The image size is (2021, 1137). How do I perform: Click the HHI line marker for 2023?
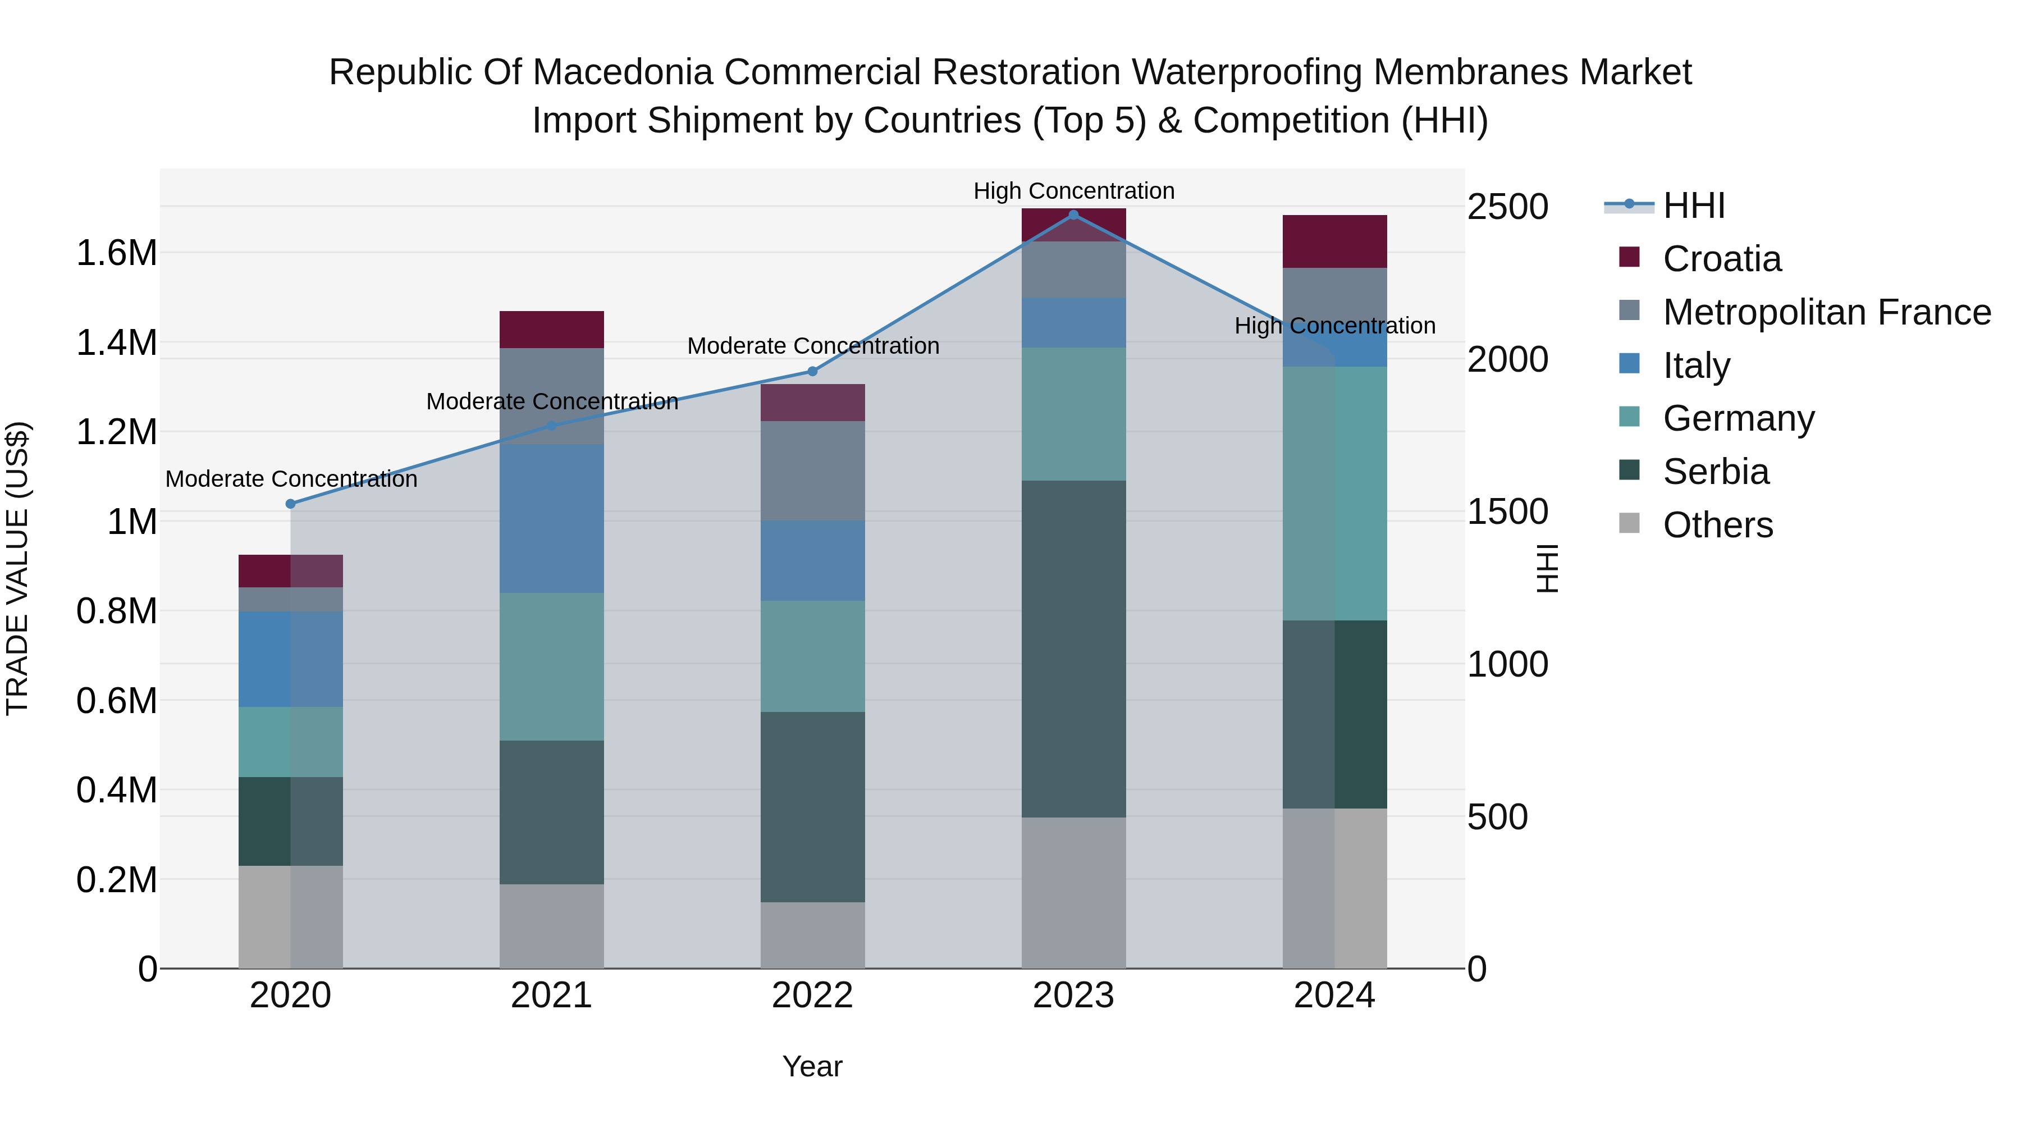1073,215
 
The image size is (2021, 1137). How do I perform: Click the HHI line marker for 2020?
290,504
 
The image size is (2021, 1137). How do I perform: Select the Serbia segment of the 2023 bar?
1073,649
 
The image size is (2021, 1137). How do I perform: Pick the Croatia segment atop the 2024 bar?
1334,241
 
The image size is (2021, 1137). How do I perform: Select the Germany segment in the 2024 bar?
1334,493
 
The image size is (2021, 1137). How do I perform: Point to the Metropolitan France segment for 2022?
813,471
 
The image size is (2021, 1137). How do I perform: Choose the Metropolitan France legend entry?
1826,312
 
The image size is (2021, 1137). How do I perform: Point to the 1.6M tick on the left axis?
116,253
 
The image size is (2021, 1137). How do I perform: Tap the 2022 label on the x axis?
813,996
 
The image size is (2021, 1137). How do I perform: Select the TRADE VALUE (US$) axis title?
17,568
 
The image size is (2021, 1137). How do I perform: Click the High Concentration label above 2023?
1073,191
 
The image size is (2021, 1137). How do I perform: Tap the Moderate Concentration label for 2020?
291,478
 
